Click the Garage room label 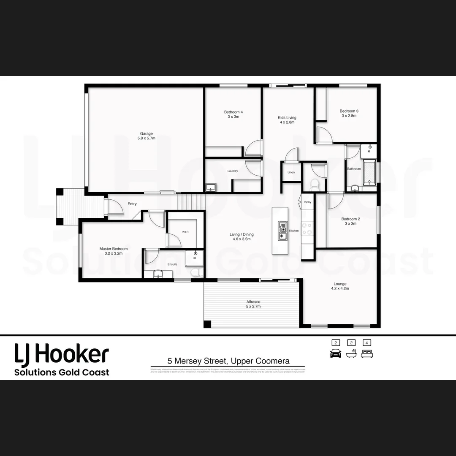147,136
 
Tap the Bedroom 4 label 233,114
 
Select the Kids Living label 287,120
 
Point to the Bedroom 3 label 349,113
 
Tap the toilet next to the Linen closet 314,183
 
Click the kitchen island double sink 282,231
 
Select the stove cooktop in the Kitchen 307,228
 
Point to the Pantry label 307,202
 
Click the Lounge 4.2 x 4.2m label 340,286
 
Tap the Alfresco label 253,304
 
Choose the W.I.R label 185,232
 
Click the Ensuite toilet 195,273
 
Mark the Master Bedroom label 113,251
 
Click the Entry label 132,204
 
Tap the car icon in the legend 335,353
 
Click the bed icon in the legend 367,353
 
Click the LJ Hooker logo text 62,354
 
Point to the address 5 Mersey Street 228,361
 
